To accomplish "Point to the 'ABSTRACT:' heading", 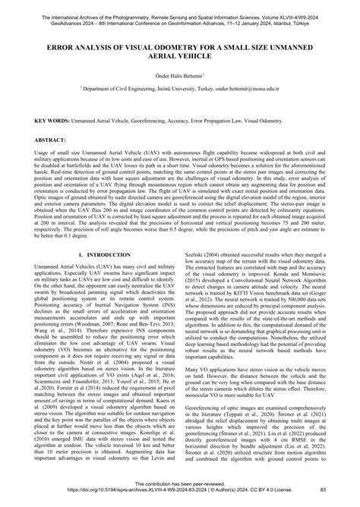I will pyautogui.click(x=51, y=141).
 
